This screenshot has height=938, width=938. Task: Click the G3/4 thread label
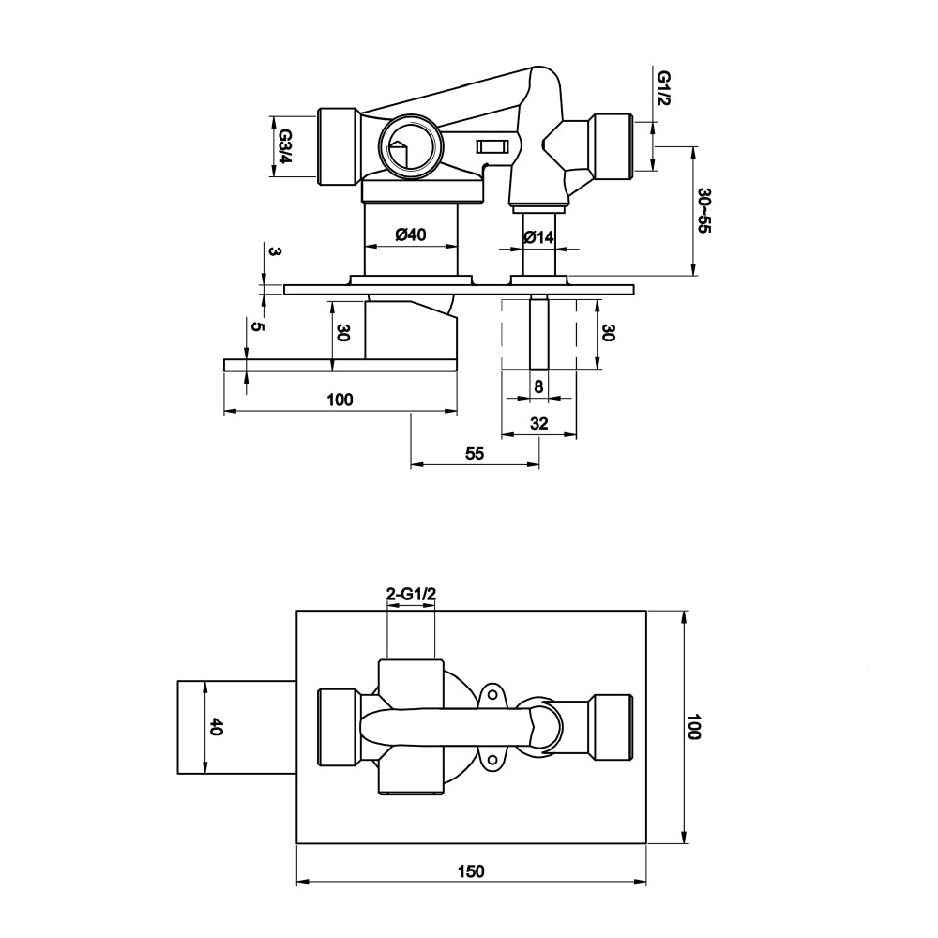click(283, 146)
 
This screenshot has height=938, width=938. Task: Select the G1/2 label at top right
click(663, 89)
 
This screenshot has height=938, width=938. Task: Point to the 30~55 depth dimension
click(704, 211)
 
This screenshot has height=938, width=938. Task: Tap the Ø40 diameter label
click(411, 236)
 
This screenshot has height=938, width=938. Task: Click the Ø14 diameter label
click(538, 237)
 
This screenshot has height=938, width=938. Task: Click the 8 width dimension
click(537, 386)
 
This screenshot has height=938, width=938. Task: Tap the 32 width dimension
click(538, 423)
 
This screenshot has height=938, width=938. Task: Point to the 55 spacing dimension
click(475, 453)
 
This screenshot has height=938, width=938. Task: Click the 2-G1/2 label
click(411, 594)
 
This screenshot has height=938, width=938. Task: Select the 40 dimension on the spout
click(216, 727)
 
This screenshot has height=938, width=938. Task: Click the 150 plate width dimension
click(471, 871)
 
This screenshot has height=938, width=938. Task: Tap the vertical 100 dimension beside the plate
click(694, 727)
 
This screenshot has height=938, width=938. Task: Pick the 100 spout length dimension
click(340, 400)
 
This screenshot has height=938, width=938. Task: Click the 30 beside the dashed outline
click(609, 333)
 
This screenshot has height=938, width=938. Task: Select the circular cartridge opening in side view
click(409, 147)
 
